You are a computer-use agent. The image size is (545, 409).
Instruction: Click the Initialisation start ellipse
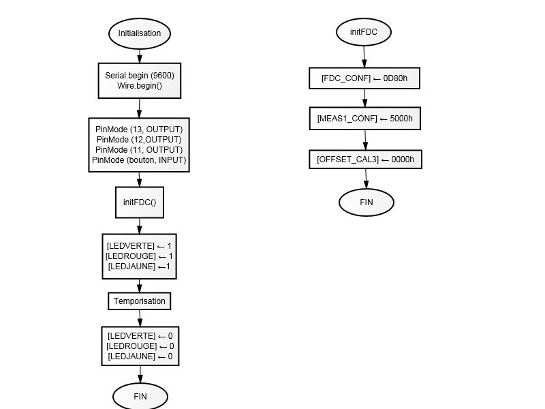pos(140,33)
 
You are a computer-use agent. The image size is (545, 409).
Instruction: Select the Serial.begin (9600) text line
pos(140,76)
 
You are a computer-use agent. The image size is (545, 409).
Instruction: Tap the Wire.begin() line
pos(140,86)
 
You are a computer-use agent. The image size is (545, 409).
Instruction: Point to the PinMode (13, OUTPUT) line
pos(139,130)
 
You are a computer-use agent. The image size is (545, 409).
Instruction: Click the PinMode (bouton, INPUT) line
pos(139,160)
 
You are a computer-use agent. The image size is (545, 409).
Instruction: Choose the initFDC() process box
pos(140,202)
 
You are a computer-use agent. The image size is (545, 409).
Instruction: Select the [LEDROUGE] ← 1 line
pos(139,256)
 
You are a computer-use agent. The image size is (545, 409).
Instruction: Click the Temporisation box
pos(140,301)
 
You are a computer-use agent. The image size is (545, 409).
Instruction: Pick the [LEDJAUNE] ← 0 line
pos(140,357)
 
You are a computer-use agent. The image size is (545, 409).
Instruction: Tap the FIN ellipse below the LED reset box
pos(140,396)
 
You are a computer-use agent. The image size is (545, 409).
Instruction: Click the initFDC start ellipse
pos(364,32)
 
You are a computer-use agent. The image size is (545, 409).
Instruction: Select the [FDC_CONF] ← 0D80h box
pos(364,78)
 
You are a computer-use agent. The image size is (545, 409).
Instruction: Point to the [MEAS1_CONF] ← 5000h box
pos(365,119)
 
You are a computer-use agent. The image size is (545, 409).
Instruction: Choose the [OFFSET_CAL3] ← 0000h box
pos(366,160)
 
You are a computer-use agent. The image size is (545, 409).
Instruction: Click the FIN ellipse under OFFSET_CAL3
pos(367,202)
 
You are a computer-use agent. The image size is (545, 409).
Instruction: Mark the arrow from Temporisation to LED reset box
pos(140,318)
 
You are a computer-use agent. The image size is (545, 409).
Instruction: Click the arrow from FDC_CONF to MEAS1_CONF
pos(364,98)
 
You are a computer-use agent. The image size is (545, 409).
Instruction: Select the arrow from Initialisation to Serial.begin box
pos(140,56)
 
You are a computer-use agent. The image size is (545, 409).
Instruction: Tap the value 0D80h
pos(395,78)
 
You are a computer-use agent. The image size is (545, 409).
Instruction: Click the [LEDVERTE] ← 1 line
pos(139,246)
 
